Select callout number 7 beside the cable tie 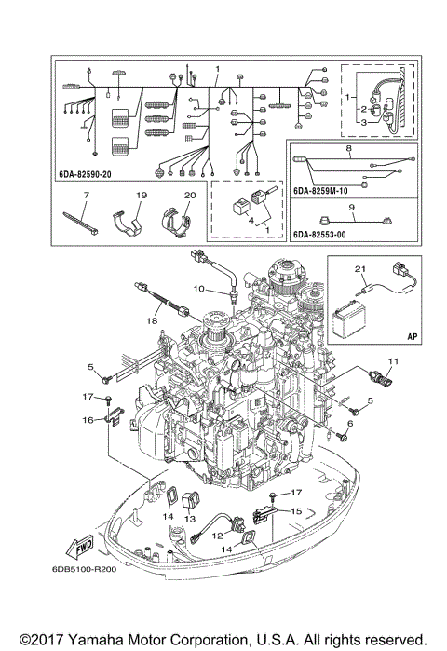(x=85, y=195)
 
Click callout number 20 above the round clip (x=189, y=195)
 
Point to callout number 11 (x=392, y=361)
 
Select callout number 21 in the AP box (x=359, y=268)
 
